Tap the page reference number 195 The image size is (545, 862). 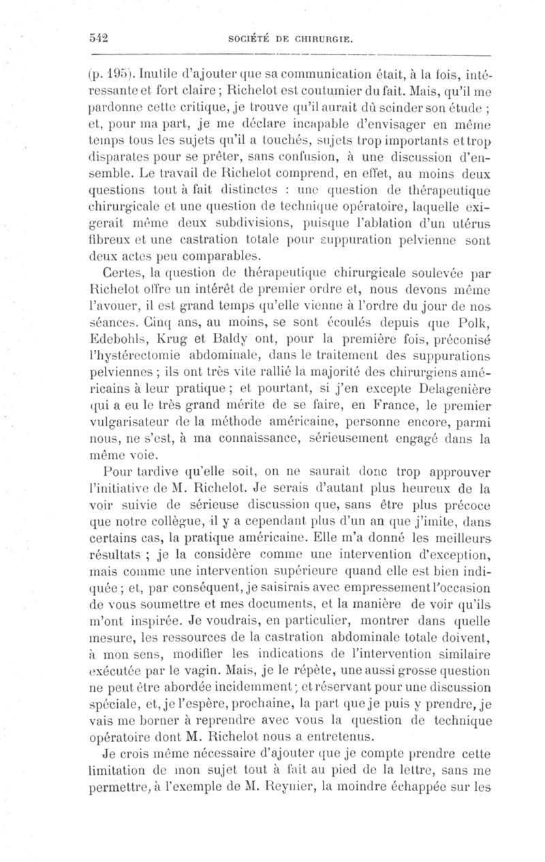pyautogui.click(x=115, y=70)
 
